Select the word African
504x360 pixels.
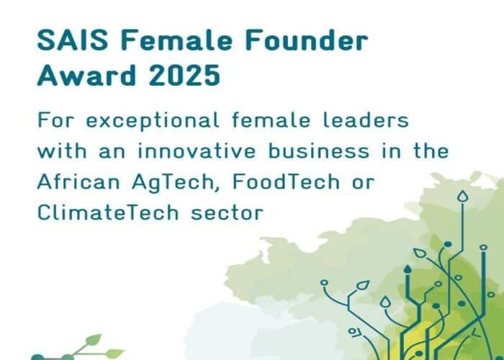79,182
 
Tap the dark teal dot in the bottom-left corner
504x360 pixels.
37,356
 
